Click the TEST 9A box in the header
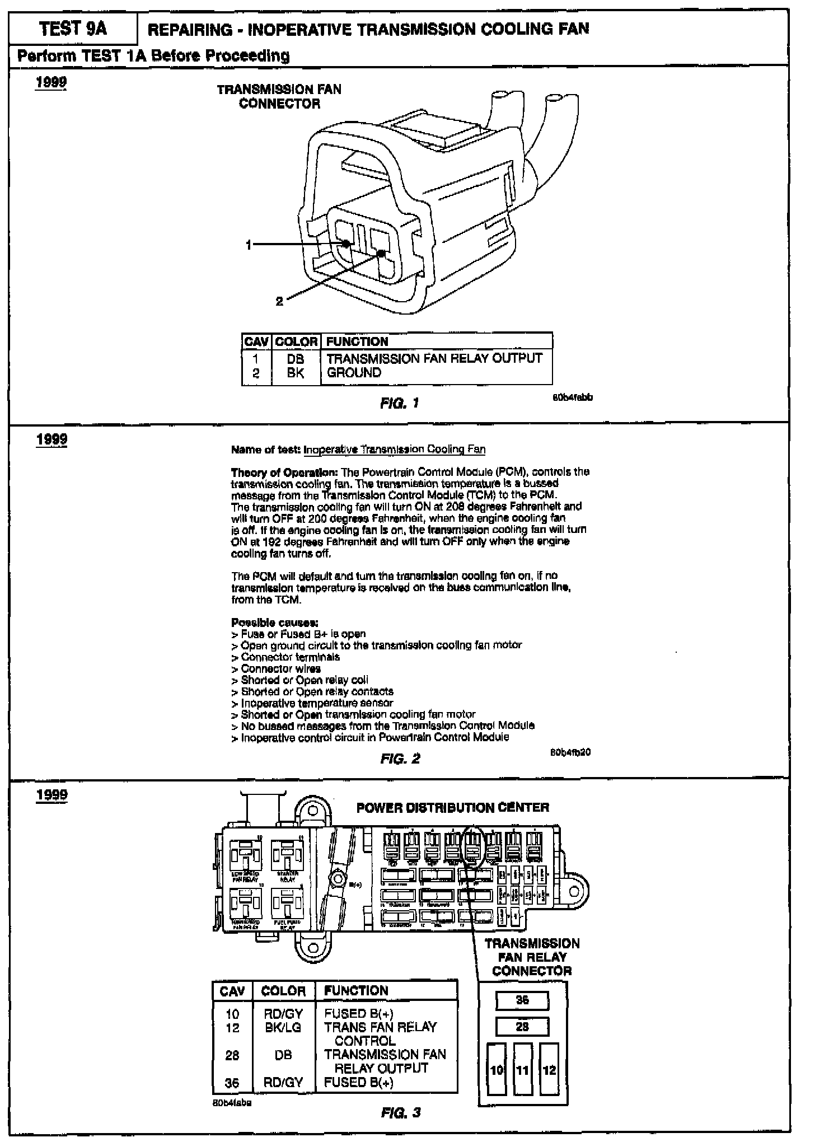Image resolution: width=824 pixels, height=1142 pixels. [73, 29]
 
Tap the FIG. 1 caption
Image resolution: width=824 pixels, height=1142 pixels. [399, 403]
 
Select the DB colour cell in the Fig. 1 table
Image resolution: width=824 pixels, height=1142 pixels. [296, 358]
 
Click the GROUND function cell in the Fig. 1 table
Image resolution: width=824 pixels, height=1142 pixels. [354, 373]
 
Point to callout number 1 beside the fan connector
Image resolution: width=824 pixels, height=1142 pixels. [249, 245]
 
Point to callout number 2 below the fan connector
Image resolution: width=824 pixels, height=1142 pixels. [279, 302]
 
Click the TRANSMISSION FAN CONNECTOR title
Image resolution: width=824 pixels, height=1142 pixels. [279, 96]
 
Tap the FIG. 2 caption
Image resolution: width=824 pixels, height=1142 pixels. [400, 759]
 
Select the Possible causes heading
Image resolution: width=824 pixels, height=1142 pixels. [275, 623]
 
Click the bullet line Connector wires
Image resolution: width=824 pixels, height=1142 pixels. [280, 668]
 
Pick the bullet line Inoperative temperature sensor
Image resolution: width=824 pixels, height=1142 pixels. [316, 703]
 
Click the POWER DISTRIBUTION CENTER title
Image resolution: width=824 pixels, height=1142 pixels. [452, 807]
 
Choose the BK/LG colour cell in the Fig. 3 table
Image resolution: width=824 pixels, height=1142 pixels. [283, 1027]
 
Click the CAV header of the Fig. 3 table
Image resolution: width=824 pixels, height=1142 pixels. [232, 991]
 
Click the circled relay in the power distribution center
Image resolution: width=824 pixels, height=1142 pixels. [473, 845]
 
